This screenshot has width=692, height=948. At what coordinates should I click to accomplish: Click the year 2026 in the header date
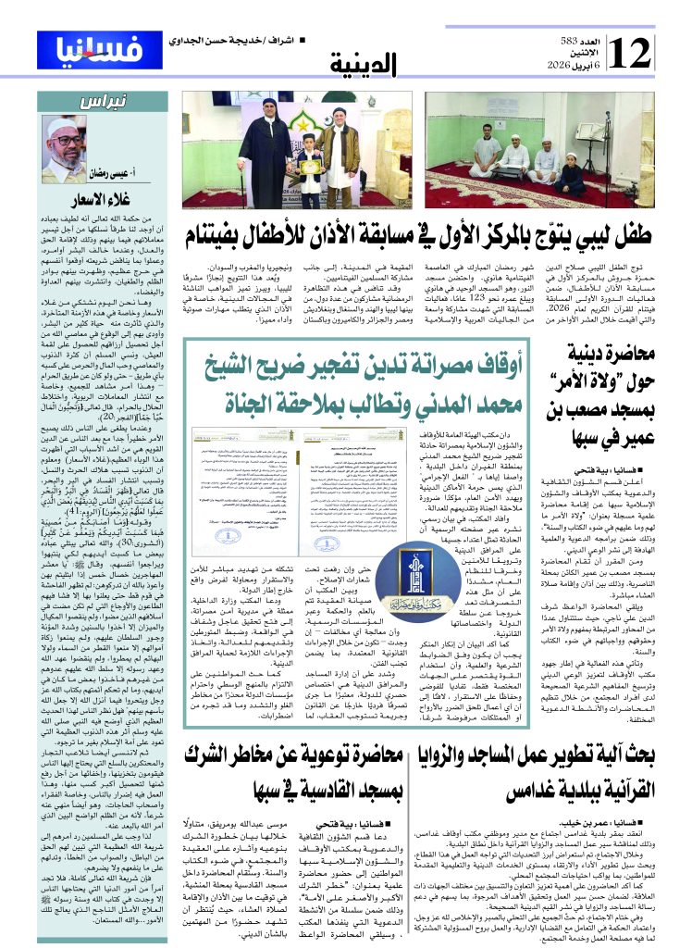tap(581, 68)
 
